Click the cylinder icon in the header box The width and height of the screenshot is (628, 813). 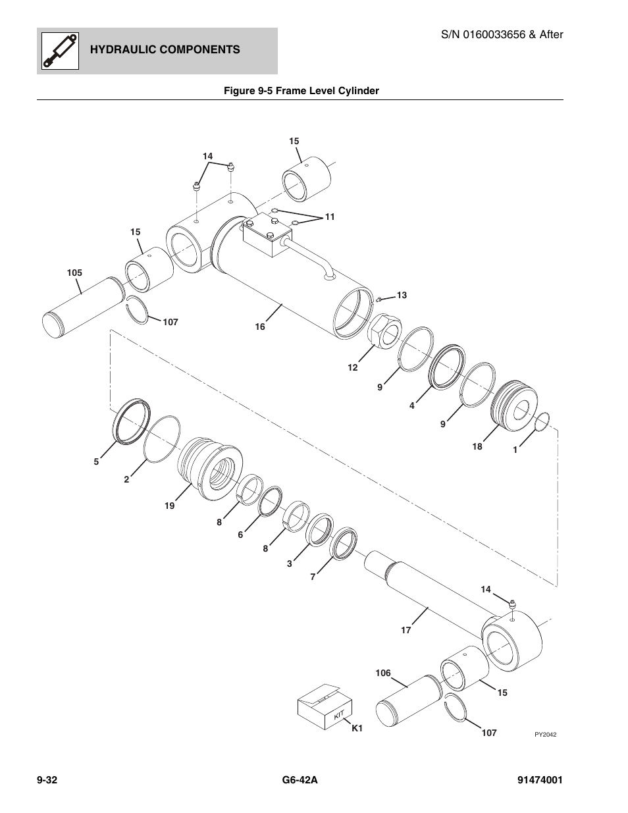60,51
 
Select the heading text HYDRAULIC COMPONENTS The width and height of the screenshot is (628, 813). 165,50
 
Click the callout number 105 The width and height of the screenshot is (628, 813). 74,273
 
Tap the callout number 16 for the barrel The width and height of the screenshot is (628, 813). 260,327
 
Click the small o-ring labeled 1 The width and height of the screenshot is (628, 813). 542,422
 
